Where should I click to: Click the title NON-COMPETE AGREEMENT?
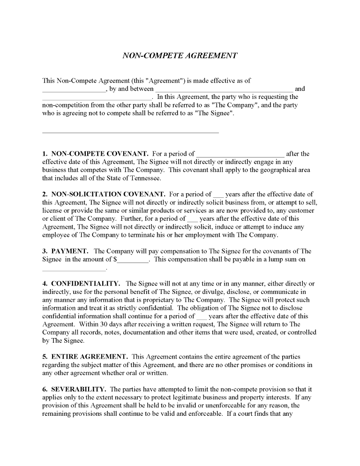[180, 55]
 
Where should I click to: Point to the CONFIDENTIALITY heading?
[85, 283]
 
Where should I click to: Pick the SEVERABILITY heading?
[78, 389]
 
